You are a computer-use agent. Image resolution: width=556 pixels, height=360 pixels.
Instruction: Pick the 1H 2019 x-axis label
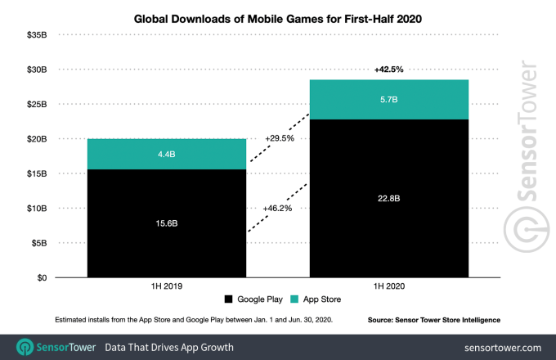pos(167,288)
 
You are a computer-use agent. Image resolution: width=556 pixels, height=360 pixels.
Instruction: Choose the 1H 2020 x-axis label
pos(388,288)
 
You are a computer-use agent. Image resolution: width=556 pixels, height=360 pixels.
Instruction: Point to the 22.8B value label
pos(388,197)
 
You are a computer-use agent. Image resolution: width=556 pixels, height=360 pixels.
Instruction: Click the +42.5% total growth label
pos(388,70)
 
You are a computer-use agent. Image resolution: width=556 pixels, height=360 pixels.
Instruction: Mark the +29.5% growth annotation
pos(279,139)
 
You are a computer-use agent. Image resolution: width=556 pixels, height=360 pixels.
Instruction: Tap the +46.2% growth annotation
pos(279,209)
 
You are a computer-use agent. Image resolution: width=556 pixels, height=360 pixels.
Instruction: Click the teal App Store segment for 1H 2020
pos(388,110)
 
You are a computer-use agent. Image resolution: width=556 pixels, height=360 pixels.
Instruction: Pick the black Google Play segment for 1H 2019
pos(167,245)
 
